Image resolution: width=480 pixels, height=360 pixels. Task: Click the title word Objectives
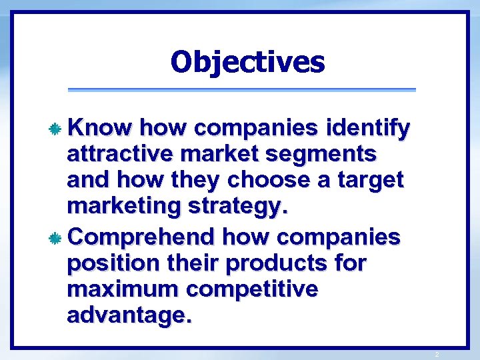(x=247, y=63)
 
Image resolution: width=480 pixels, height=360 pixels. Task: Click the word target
(x=374, y=180)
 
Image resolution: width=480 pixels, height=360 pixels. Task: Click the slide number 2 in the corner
(x=437, y=354)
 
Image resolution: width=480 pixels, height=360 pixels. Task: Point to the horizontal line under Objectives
(x=242, y=90)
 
